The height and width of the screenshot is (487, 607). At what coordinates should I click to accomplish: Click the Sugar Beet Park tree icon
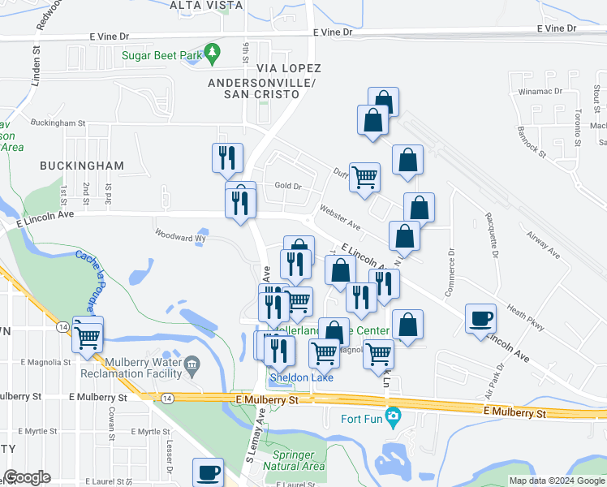pos(213,54)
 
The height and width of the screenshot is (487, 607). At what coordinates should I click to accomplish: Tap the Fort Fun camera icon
pos(394,419)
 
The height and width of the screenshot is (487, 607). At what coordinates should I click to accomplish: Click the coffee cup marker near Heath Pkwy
pos(480,317)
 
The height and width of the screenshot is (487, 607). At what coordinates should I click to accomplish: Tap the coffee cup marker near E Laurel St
pos(208,472)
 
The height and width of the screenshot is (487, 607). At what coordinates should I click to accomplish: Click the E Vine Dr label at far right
pos(556,28)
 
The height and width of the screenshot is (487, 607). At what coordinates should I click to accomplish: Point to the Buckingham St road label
pos(58,123)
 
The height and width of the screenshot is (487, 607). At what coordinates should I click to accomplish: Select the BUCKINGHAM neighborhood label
pos(82,166)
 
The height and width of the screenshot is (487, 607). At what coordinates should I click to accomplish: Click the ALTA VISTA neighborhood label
pos(206,5)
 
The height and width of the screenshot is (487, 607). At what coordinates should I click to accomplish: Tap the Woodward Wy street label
pos(181,238)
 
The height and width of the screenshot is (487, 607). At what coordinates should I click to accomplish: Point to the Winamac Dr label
pos(540,92)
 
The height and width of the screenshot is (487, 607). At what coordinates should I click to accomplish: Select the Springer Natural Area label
pos(299,460)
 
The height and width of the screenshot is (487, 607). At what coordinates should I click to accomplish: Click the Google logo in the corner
pos(27,477)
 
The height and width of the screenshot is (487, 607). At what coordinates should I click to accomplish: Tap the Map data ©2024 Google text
pos(556,481)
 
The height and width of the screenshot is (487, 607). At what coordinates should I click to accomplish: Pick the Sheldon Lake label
pos(301,377)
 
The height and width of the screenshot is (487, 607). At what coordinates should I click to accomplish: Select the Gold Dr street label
pos(287,186)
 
